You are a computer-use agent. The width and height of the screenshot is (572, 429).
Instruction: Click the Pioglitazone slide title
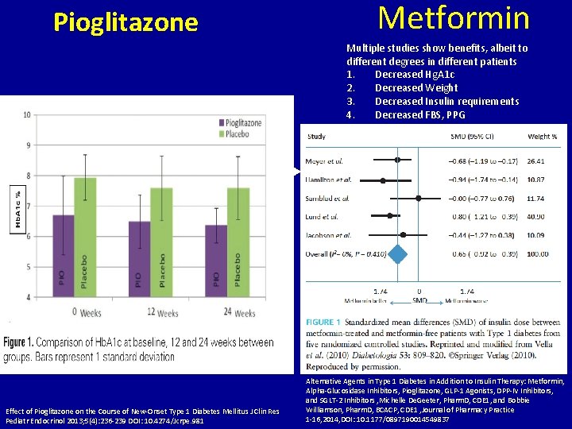coord(126,22)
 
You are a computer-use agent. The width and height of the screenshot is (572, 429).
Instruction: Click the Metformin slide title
coord(454,17)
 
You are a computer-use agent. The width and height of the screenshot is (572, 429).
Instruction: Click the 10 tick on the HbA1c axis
coord(27,114)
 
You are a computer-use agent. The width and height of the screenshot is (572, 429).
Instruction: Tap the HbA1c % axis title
coord(15,207)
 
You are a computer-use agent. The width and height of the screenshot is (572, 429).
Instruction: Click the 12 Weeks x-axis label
coord(161,313)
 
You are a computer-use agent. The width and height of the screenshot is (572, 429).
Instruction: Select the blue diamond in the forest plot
coord(399,253)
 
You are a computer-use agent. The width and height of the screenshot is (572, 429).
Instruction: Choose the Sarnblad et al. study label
coord(329,198)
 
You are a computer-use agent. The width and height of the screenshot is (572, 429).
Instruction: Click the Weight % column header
coord(542,137)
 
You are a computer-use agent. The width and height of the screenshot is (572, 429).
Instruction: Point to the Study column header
coord(315,137)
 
